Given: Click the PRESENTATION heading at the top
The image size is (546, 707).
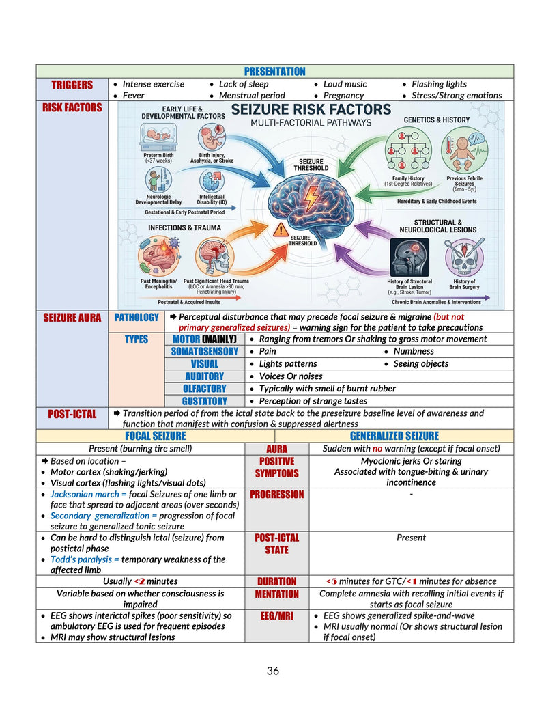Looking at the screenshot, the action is pyautogui.click(x=274, y=71).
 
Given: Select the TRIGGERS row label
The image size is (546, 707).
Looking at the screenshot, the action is pyautogui.click(x=72, y=85).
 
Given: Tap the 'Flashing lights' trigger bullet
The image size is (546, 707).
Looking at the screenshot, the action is pyautogui.click(x=439, y=84).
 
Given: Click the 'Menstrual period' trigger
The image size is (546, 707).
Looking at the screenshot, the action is pyautogui.click(x=252, y=95).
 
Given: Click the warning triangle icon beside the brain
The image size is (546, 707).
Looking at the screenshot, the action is pyautogui.click(x=281, y=230).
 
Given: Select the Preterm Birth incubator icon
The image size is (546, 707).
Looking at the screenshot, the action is pyautogui.click(x=158, y=137).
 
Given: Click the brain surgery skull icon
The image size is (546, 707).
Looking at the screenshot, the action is pyautogui.click(x=464, y=257).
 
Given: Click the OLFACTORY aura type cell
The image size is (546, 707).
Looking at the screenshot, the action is pyautogui.click(x=205, y=389).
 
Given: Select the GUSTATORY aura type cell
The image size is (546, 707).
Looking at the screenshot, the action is pyautogui.click(x=205, y=401).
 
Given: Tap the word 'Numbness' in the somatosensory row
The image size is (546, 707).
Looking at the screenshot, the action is pyautogui.click(x=414, y=351).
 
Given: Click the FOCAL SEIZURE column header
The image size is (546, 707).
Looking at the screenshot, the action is pyautogui.click(x=156, y=436).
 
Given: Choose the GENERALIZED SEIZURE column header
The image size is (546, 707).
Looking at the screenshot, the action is pyautogui.click(x=394, y=436).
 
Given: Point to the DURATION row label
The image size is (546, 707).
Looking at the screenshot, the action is pyautogui.click(x=276, y=581).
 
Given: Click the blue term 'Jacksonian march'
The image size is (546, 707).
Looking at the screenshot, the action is pyautogui.click(x=85, y=494).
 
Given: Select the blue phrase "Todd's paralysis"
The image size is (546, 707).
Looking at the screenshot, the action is pyautogui.click(x=81, y=559).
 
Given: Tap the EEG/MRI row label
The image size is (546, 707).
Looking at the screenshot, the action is pyautogui.click(x=276, y=616).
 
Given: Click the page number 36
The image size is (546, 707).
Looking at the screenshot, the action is pyautogui.click(x=273, y=671).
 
